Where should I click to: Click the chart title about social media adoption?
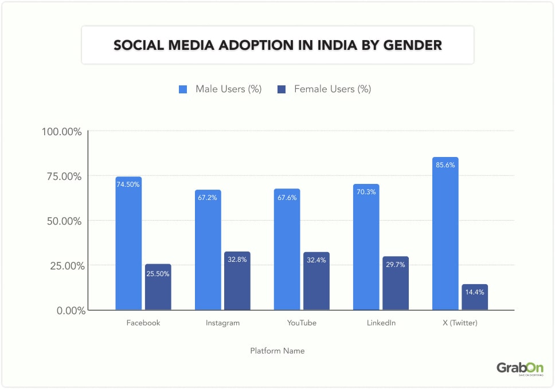click(x=277, y=45)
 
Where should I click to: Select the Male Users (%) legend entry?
click(x=220, y=89)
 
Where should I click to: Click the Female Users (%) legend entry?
click(x=325, y=89)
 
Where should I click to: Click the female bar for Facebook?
click(x=158, y=287)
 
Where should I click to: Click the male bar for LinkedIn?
click(x=366, y=247)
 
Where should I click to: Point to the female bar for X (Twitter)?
click(x=474, y=297)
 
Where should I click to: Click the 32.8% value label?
click(x=237, y=260)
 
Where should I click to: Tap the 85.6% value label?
click(x=445, y=165)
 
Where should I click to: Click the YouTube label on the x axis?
click(x=302, y=323)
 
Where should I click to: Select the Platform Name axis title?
click(x=277, y=351)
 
